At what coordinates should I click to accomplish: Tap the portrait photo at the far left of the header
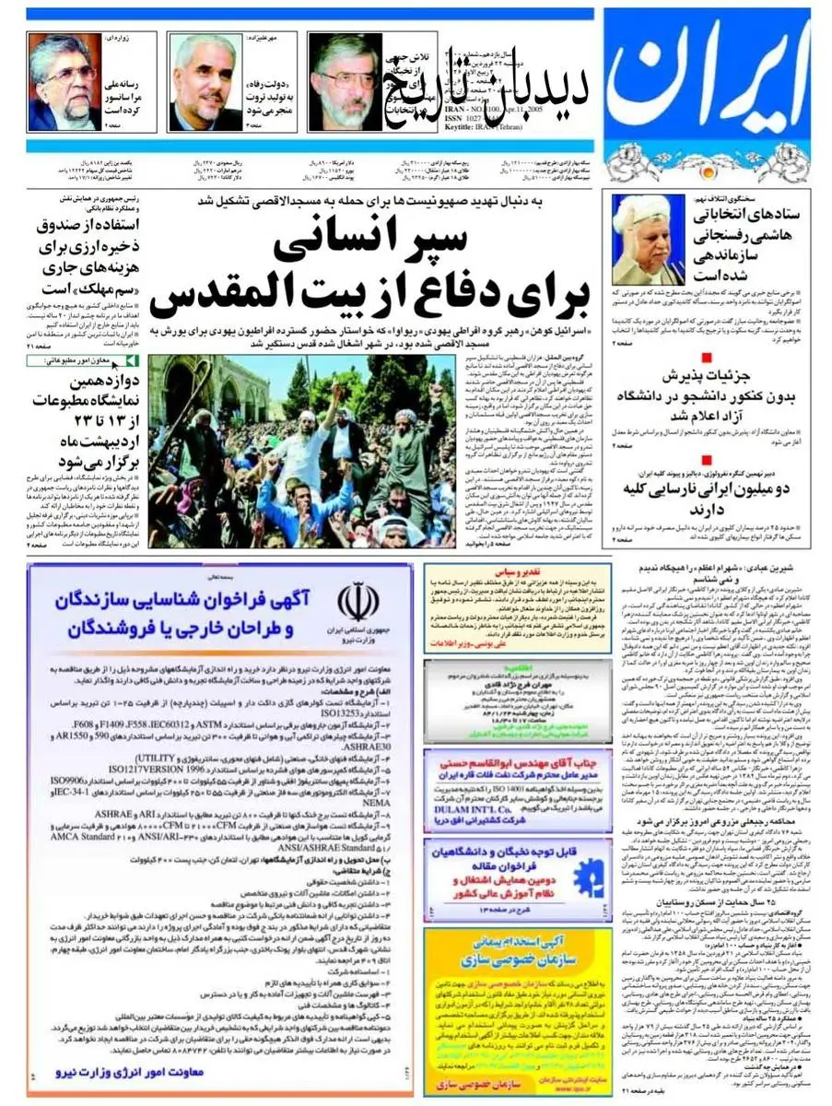click(63, 82)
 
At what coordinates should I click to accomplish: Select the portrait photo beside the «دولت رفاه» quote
click(205, 82)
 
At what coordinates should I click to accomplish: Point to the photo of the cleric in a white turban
click(650, 239)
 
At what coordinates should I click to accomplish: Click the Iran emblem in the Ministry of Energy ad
click(357, 603)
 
